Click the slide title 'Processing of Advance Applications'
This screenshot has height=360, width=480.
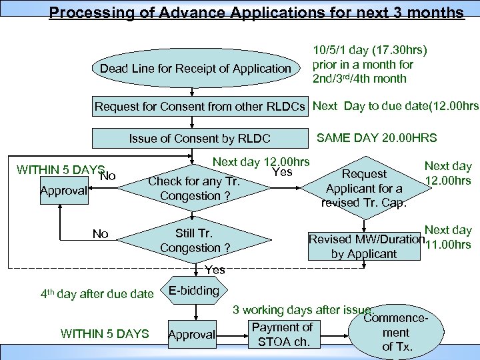pos(257,13)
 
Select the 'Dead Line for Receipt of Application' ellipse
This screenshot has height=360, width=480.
pos(195,69)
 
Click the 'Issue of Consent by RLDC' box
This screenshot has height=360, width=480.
pos(199,139)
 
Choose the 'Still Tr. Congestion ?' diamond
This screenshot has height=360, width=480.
pos(194,241)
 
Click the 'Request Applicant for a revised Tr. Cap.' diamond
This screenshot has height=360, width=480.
pos(363,188)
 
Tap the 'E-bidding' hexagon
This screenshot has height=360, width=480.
pos(194,291)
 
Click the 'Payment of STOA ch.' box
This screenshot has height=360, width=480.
pos(282,335)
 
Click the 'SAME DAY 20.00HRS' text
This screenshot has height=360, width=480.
pos(377,138)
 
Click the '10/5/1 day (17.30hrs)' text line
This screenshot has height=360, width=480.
pos(370,50)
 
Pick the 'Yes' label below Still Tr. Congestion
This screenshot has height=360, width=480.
pos(215,270)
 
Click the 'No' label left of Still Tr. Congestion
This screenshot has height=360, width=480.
pos(100,234)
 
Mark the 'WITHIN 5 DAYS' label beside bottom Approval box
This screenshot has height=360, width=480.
pos(105,333)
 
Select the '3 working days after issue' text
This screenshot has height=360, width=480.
pos(303,310)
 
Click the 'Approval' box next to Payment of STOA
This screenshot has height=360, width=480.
pos(191,335)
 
